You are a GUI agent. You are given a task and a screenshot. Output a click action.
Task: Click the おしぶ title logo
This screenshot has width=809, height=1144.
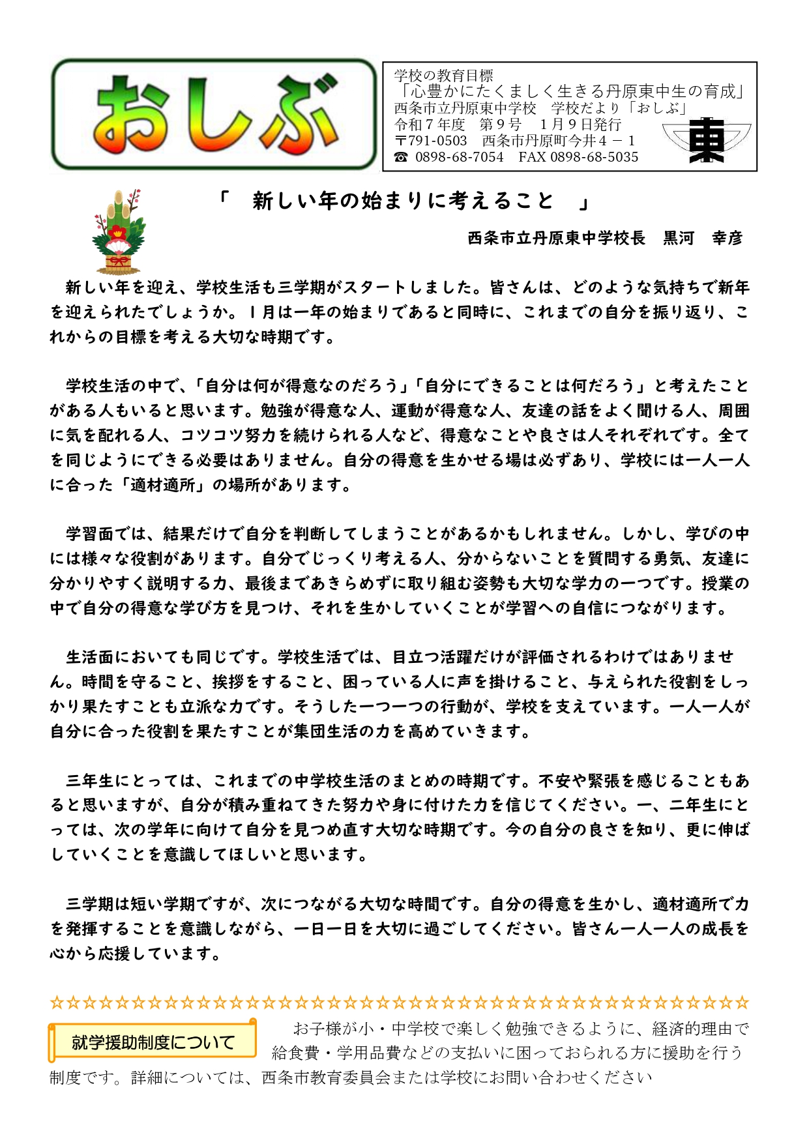pyautogui.click(x=214, y=115)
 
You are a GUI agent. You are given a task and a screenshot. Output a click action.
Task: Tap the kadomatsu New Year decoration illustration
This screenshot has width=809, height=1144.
pyautogui.click(x=118, y=231)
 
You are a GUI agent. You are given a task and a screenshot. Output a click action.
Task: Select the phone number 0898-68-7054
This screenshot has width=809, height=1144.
pyautogui.click(x=459, y=157)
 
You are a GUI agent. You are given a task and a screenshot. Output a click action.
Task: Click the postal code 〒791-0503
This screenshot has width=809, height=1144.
pyautogui.click(x=431, y=141)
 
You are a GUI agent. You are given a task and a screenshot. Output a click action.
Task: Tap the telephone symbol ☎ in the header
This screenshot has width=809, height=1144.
pyautogui.click(x=401, y=157)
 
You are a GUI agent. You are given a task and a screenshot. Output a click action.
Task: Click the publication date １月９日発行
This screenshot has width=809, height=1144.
pyautogui.click(x=580, y=125)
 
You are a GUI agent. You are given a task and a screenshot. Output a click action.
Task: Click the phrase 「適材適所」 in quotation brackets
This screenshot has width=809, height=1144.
pyautogui.click(x=162, y=485)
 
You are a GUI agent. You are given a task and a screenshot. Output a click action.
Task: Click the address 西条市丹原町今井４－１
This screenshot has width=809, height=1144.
pyautogui.click(x=559, y=141)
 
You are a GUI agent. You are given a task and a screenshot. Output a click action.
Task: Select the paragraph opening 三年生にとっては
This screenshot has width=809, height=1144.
pyautogui.click(x=131, y=780)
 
